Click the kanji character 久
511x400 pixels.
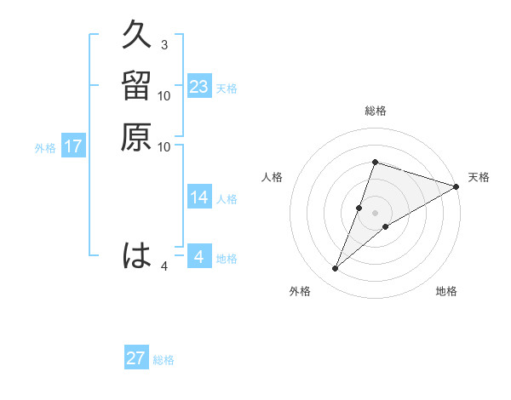(137, 37)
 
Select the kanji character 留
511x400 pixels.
(137, 87)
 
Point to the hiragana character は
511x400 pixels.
(137, 255)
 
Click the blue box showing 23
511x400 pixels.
(199, 87)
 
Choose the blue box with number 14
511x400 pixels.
(199, 197)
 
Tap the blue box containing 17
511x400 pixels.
(73, 146)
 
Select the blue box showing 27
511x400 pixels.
(136, 358)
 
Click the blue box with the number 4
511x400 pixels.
(199, 257)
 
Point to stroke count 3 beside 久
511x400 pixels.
(164, 44)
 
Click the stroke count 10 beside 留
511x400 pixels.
(164, 96)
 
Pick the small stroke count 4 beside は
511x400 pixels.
(164, 266)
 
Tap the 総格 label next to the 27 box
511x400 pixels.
(164, 360)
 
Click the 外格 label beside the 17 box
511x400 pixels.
(45, 148)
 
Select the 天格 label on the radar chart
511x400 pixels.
(479, 177)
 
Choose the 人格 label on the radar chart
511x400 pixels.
(272, 177)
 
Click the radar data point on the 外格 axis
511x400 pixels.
(336, 269)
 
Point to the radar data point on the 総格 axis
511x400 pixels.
(375, 162)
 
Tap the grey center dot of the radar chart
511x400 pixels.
(375, 213)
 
